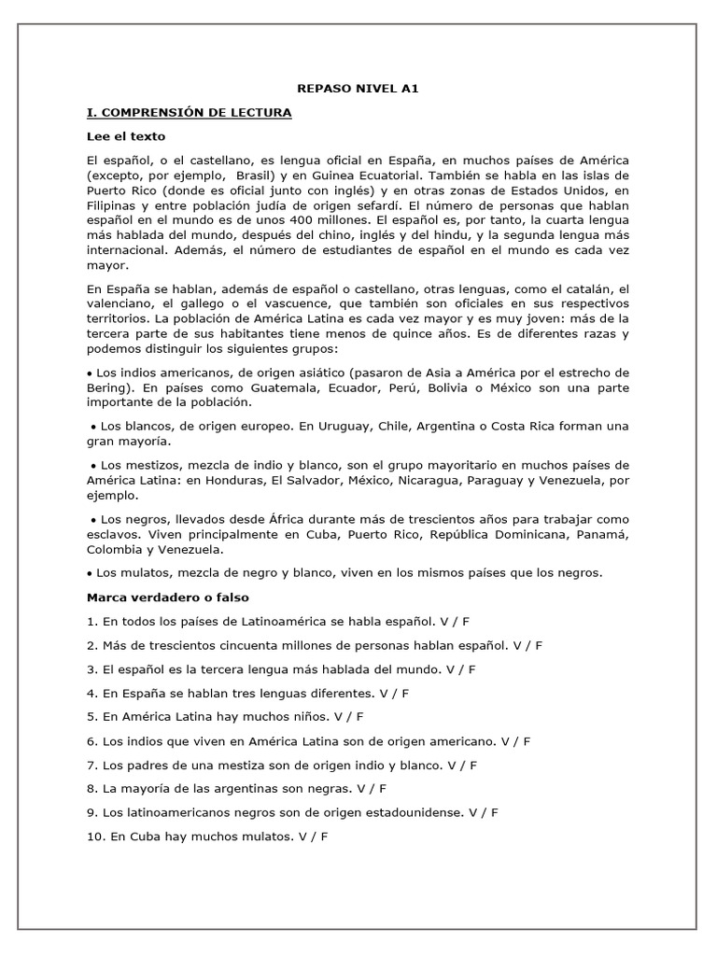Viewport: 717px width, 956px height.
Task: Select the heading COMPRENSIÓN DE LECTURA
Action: (190, 112)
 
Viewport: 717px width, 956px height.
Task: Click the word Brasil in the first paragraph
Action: (256, 175)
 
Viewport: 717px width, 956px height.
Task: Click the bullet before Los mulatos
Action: (90, 572)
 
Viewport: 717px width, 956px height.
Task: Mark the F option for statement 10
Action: (324, 836)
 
